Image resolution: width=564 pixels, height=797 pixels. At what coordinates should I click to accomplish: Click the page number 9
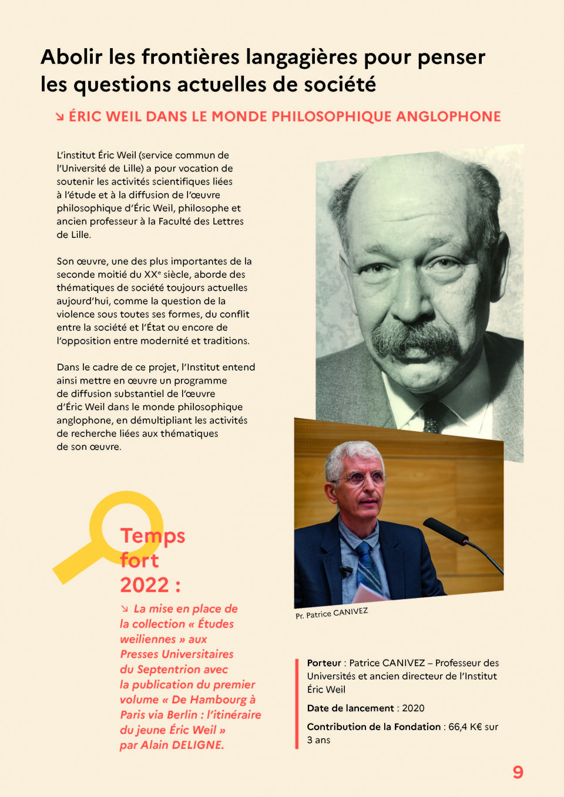click(x=518, y=772)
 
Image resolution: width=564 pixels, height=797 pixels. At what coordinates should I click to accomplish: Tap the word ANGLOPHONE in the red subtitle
click(x=448, y=116)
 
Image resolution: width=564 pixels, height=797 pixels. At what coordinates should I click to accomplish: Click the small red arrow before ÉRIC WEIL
click(x=60, y=117)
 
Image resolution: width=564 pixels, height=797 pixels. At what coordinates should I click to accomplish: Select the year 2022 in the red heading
click(x=145, y=585)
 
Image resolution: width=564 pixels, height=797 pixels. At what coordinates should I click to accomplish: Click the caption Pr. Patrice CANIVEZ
click(x=331, y=613)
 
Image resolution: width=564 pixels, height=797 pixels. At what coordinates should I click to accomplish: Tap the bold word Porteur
click(x=324, y=663)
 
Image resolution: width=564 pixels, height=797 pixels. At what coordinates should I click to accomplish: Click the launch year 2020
click(x=413, y=708)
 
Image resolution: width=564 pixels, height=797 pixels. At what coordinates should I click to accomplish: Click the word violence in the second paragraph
click(x=76, y=314)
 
